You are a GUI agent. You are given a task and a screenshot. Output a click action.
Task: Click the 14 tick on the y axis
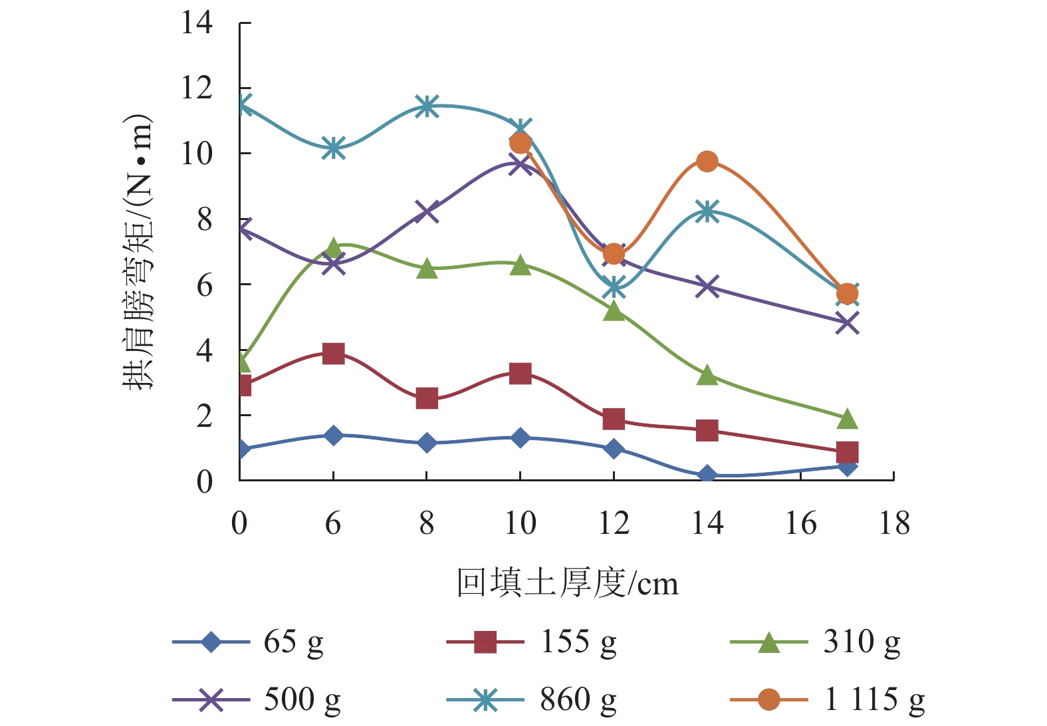[197, 23]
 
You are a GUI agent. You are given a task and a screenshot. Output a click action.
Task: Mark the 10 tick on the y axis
[197, 154]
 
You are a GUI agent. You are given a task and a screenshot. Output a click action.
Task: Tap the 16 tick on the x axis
[801, 524]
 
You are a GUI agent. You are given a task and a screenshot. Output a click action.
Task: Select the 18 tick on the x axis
[894, 524]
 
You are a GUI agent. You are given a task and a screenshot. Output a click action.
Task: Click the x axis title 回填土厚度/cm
[567, 583]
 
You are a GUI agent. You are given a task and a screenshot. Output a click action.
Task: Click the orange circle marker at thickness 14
[707, 162]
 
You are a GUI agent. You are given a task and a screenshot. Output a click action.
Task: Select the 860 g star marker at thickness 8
[427, 106]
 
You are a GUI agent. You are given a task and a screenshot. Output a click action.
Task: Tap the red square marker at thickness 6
[333, 353]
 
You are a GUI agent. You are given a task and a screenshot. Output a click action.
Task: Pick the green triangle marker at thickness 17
[847, 419]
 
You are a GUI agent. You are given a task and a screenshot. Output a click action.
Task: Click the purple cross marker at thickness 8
[427, 211]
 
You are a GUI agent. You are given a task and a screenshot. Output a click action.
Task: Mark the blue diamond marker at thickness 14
[707, 475]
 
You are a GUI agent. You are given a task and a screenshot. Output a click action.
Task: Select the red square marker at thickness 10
[520, 373]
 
